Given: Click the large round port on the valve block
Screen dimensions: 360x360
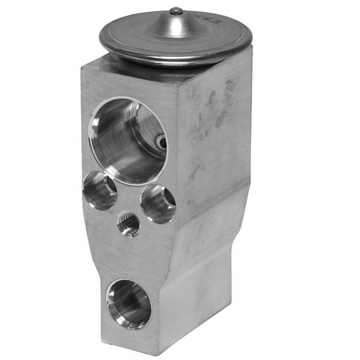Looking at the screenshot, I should [127, 140].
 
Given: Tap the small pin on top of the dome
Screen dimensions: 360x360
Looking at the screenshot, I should [176, 11].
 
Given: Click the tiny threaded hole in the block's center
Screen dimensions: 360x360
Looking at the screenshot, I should [129, 224].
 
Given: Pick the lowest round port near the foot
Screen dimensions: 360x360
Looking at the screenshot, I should [128, 304].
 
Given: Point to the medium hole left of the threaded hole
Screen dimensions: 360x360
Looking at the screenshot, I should [100, 190].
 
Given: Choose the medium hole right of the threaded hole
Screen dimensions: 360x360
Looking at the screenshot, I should [158, 204].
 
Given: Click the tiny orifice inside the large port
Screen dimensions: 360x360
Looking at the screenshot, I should [161, 142].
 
